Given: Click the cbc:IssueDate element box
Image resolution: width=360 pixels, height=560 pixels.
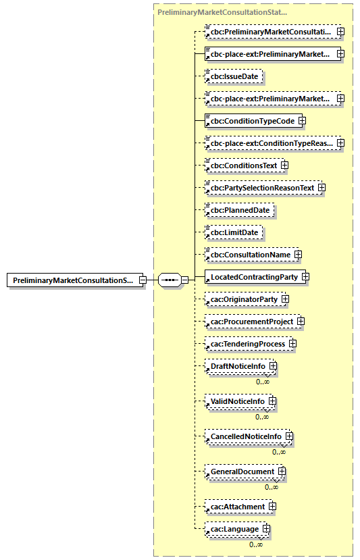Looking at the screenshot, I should tap(234, 76).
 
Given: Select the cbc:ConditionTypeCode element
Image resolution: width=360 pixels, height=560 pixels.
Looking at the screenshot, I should tap(252, 121).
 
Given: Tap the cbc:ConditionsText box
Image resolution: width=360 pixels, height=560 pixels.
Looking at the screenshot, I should tap(243, 165).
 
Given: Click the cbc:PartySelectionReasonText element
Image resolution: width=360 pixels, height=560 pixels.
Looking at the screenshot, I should tap(262, 187).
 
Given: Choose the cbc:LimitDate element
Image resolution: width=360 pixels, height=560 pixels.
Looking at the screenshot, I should tap(234, 232).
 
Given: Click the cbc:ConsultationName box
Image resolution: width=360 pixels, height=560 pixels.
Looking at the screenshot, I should tap(250, 255).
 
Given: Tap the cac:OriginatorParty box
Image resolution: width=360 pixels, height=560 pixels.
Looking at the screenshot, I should tap(243, 299).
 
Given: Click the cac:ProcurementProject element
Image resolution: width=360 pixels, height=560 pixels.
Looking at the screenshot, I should tap(251, 322).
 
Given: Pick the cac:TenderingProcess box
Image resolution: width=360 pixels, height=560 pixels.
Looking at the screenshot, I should tap(247, 344).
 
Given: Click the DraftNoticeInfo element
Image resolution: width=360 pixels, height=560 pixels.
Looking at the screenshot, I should tap(238, 366).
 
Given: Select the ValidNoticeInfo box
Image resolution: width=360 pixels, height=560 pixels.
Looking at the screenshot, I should tap(237, 401).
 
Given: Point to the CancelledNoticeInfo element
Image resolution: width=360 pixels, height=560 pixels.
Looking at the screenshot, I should tap(246, 436).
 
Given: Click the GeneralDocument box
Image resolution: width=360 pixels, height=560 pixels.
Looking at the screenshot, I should tap(242, 472).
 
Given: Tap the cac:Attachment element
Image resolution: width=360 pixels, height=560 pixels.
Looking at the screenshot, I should tap(237, 506).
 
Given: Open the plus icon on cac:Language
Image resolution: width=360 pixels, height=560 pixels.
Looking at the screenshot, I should tap(267, 529).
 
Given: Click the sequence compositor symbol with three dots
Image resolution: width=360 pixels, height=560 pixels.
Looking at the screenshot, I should tap(169, 280).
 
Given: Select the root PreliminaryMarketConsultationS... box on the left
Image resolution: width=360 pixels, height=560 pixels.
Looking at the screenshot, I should tap(72, 280).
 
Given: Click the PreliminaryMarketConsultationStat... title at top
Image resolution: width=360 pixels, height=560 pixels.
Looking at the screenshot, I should tap(222, 12).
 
